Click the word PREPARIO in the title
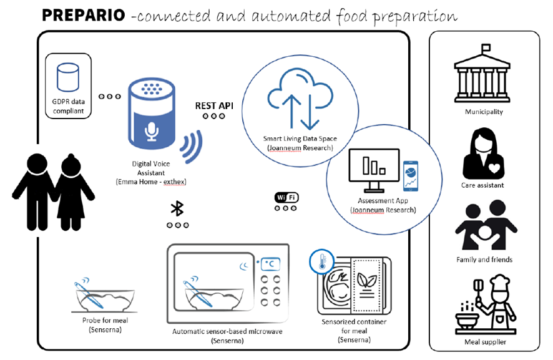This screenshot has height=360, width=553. [x=82, y=15]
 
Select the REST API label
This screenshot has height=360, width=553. [x=214, y=105]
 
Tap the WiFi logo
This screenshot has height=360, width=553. [x=286, y=198]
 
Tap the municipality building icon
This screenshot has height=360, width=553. [x=484, y=74]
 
